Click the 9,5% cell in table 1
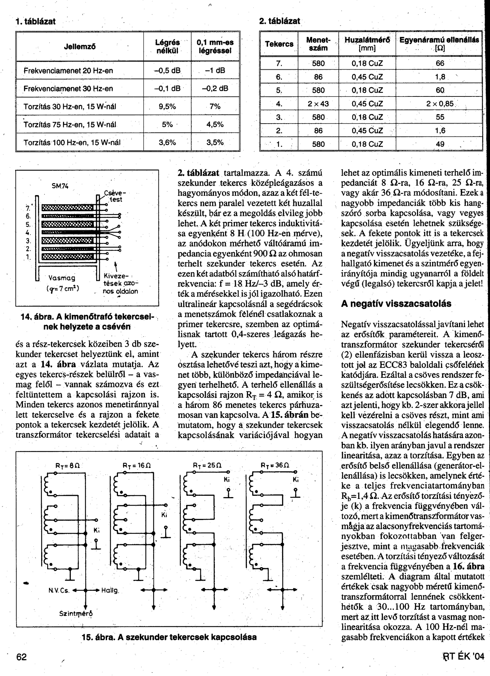coord(167,106)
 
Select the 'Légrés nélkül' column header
coord(167,46)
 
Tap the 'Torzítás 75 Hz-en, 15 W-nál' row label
coord(70,125)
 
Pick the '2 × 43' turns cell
coord(318,104)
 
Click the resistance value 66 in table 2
coord(440,63)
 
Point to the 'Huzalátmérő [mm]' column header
coord(367,44)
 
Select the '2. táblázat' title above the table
coord(280,21)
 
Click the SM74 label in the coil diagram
coord(60,186)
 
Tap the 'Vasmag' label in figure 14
coord(62,278)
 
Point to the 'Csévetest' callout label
coord(114,196)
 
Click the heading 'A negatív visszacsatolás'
coord(396,304)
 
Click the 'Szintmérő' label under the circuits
coord(76,613)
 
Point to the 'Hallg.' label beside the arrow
coord(110,590)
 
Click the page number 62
coord(21,657)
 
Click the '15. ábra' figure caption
coord(169,637)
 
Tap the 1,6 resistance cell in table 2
coord(440,131)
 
